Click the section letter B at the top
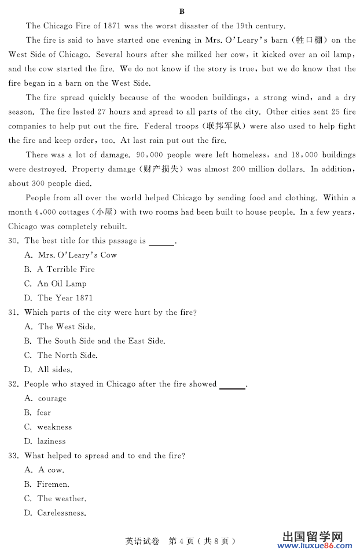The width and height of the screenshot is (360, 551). point(182,11)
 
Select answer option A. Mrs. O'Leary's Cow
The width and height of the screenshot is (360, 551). point(70,255)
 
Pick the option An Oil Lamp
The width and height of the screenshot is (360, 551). point(55,284)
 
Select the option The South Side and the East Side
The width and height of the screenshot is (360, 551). point(94,341)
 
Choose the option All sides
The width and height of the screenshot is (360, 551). point(48,369)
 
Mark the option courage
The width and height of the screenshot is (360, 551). point(46,398)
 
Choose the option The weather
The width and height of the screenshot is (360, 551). point(55,498)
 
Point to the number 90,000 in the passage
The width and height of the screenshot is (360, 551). point(149,155)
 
